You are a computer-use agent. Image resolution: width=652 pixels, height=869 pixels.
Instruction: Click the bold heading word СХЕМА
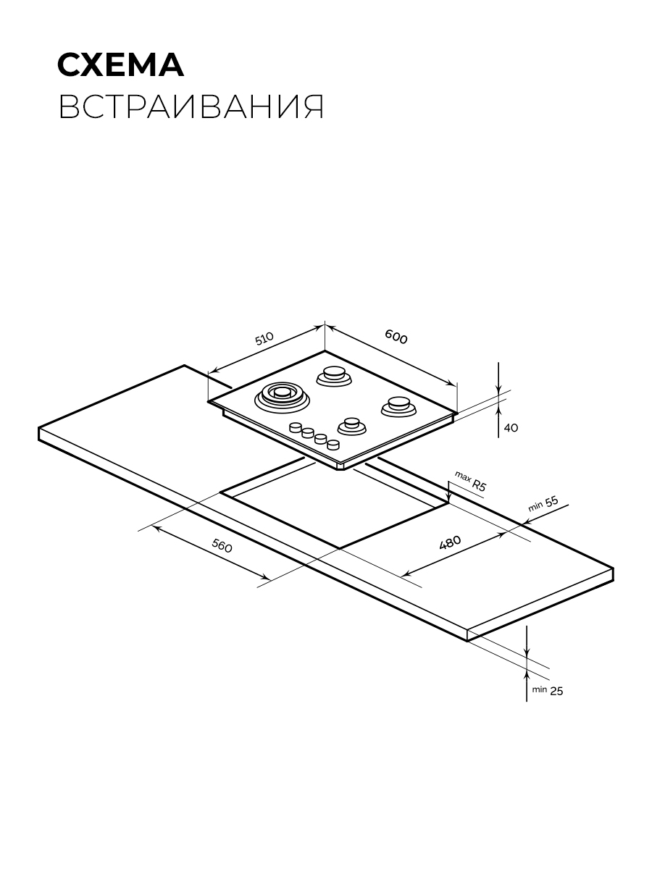(x=121, y=65)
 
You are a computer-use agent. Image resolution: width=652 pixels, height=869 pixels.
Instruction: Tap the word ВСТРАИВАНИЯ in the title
(x=191, y=107)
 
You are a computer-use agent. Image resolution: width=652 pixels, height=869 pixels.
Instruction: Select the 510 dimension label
(x=264, y=338)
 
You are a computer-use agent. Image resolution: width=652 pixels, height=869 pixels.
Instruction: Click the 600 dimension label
(x=396, y=337)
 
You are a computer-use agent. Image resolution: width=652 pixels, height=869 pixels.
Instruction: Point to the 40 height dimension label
(x=511, y=427)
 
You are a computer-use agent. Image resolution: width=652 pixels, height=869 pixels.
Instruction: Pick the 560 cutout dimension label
(x=222, y=546)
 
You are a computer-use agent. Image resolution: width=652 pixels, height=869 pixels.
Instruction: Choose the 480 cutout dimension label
(x=450, y=542)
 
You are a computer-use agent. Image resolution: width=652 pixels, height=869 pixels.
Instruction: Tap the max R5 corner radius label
(x=470, y=481)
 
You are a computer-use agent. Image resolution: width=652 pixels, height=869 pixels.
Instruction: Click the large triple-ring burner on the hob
(x=282, y=397)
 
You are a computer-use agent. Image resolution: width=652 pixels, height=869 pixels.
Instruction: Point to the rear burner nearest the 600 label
(x=334, y=376)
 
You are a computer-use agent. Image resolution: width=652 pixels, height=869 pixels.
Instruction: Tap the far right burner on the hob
(x=399, y=406)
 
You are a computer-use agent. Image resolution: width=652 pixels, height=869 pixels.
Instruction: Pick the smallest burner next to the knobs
(x=351, y=427)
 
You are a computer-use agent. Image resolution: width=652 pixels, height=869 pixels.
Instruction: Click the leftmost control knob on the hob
(x=296, y=427)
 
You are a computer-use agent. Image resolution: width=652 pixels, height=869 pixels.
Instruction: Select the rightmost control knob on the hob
(x=333, y=445)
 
